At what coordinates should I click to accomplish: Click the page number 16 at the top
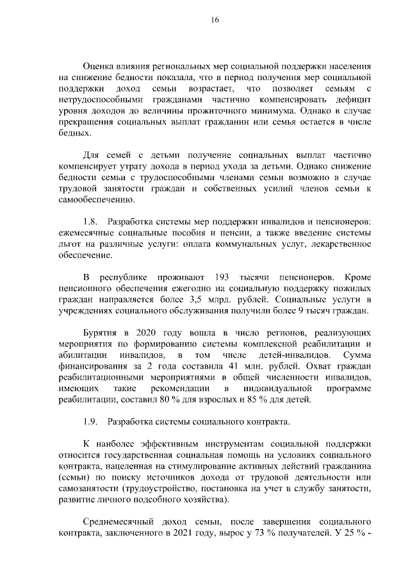[x=215, y=21]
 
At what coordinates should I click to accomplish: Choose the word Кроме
[x=357, y=277]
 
